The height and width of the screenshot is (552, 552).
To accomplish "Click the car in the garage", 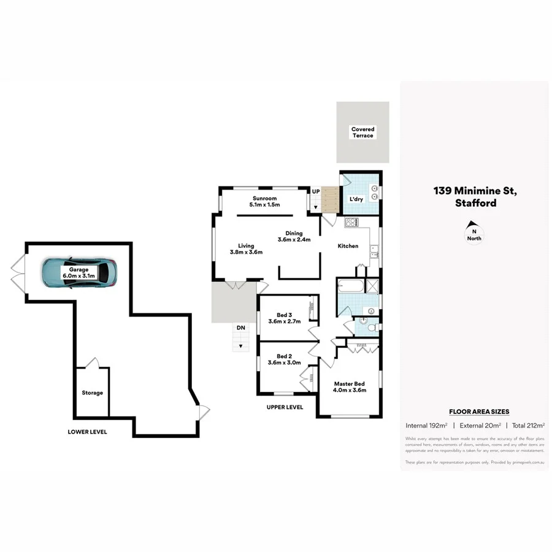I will [x=79, y=272].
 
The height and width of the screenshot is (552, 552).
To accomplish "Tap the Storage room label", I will [x=93, y=393].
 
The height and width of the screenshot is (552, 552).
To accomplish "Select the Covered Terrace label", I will [x=362, y=132].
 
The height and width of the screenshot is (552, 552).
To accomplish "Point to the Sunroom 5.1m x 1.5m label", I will [x=264, y=202].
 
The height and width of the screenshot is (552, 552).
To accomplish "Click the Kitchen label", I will [x=348, y=246].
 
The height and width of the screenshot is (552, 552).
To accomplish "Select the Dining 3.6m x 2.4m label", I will [x=294, y=236].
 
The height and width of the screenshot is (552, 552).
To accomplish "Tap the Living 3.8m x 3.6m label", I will [x=246, y=249].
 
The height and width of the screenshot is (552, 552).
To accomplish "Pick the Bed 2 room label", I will [x=284, y=359].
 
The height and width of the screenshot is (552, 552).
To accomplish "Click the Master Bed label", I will [x=350, y=387].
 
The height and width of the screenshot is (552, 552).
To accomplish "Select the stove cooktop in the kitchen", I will [x=352, y=223].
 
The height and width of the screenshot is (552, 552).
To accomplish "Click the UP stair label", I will [x=316, y=192].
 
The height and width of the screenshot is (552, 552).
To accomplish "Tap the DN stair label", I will [x=241, y=328].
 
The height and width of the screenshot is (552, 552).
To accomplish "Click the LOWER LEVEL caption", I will [x=87, y=432].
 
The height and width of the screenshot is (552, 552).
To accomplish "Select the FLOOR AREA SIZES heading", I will [x=479, y=412].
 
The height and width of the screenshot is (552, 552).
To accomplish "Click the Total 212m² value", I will [x=529, y=425].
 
